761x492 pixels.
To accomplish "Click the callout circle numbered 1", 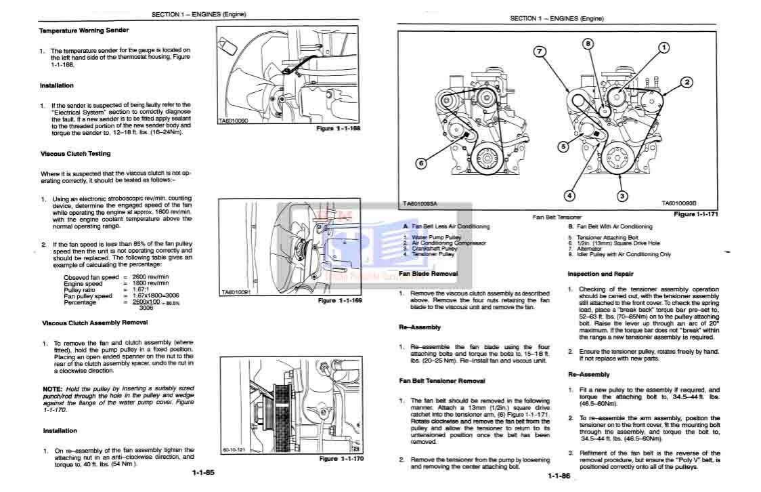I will [664, 47].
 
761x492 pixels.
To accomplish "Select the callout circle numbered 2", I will [687, 83].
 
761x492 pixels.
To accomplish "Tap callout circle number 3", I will [622, 197].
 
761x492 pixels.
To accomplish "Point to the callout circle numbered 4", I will [569, 195].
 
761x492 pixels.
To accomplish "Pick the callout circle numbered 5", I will [563, 146].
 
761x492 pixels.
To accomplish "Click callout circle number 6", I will [420, 163].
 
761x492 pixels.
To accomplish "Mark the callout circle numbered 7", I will [540, 52].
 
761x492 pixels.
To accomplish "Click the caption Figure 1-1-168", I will [339, 129].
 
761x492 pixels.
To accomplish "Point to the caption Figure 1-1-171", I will [696, 214].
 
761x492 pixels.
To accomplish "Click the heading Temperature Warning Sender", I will [83, 30].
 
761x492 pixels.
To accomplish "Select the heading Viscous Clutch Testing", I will [75, 154].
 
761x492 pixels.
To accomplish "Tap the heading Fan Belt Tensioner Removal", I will [441, 381].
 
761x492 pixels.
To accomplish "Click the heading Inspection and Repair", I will [601, 274].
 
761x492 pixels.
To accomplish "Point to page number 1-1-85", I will [202, 472].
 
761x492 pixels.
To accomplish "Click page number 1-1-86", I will [559, 476].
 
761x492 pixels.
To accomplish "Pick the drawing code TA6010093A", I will [420, 203].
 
